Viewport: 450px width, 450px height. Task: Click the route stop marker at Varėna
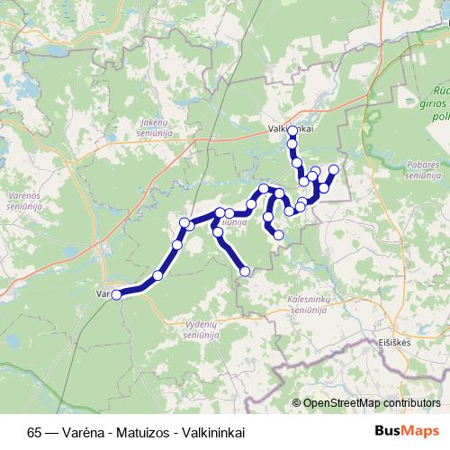pyautogui.click(x=116, y=293)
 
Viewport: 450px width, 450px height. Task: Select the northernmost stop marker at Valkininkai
pyautogui.click(x=292, y=131)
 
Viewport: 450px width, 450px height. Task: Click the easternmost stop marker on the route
pyautogui.click(x=334, y=169)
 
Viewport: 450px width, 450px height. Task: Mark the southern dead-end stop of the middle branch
pyautogui.click(x=245, y=270)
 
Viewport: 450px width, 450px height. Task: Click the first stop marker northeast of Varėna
pyautogui.click(x=158, y=275)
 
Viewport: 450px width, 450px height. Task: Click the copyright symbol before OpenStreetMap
pyautogui.click(x=297, y=403)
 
